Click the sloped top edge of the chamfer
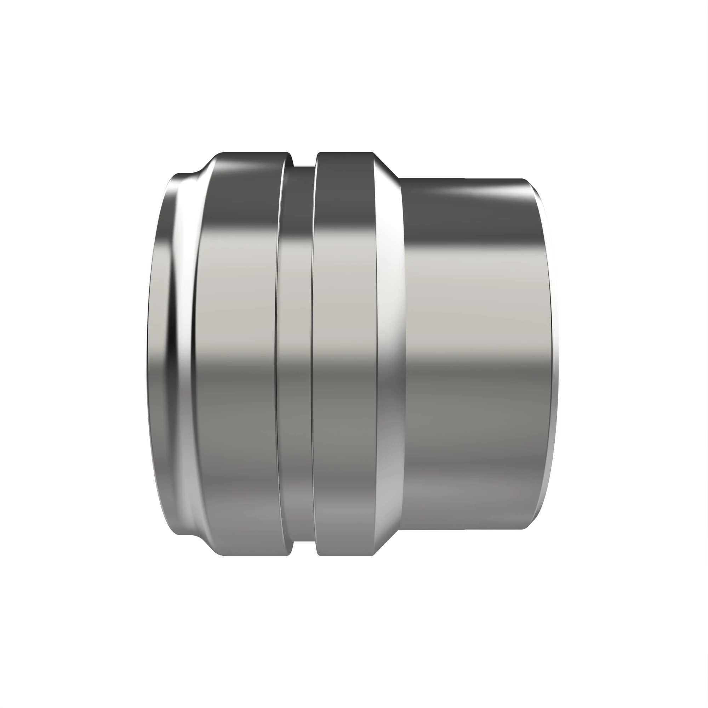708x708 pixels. tap(387, 165)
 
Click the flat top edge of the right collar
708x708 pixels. tap(344, 153)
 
